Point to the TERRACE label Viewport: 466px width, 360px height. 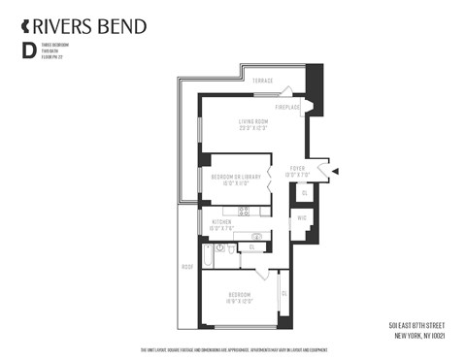262,80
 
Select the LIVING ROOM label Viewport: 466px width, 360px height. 253,122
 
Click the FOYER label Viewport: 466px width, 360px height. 298,168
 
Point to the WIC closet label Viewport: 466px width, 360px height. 302,219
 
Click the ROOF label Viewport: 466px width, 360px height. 187,266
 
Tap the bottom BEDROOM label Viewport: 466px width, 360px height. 240,295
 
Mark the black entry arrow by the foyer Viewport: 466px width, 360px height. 335,172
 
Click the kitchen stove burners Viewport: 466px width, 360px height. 244,211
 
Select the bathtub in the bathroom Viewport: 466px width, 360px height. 209,257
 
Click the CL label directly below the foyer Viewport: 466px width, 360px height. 304,194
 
